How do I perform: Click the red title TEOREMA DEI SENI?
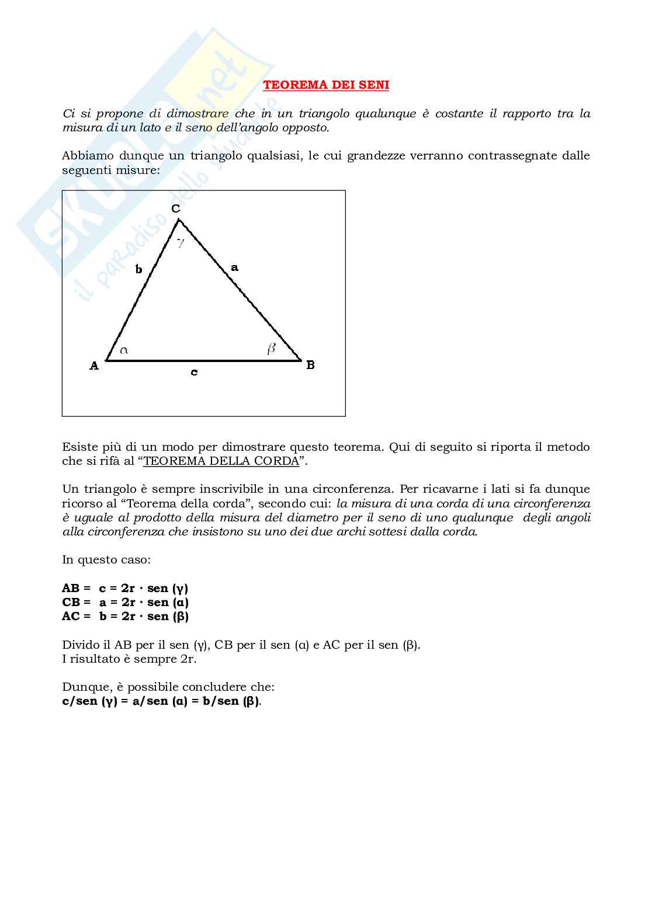pyautogui.click(x=326, y=85)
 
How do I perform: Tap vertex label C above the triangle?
pyautogui.click(x=175, y=208)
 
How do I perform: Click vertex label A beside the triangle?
pyautogui.click(x=94, y=366)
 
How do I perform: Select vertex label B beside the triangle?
pyautogui.click(x=310, y=365)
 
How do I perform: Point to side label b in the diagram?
pyautogui.click(x=138, y=269)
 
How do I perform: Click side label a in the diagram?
pyautogui.click(x=234, y=267)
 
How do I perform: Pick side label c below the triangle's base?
pyautogui.click(x=194, y=372)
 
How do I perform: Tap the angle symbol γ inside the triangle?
pyautogui.click(x=181, y=242)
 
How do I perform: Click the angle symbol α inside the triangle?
pyautogui.click(x=124, y=350)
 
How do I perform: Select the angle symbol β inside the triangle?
pyautogui.click(x=271, y=349)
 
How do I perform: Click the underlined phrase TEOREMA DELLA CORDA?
pyautogui.click(x=221, y=461)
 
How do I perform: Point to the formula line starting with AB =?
pyautogui.click(x=125, y=588)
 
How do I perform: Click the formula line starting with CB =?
pyautogui.click(x=125, y=602)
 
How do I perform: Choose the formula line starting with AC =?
pyautogui.click(x=125, y=616)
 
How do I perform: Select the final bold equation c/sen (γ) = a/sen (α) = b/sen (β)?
pyautogui.click(x=161, y=701)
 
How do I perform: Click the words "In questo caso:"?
pyautogui.click(x=106, y=559)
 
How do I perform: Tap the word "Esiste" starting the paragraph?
pyautogui.click(x=78, y=447)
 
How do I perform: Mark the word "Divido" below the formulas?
pyautogui.click(x=79, y=645)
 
